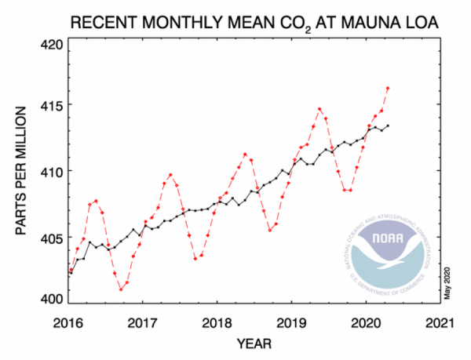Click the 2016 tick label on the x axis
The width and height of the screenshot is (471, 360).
click(69, 322)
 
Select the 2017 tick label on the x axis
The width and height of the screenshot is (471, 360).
click(144, 322)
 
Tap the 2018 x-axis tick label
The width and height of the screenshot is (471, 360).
click(218, 322)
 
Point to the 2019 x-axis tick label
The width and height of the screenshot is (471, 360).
click(293, 322)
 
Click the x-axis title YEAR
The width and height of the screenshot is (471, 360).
click(255, 344)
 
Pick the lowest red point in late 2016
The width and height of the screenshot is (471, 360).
click(121, 289)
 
